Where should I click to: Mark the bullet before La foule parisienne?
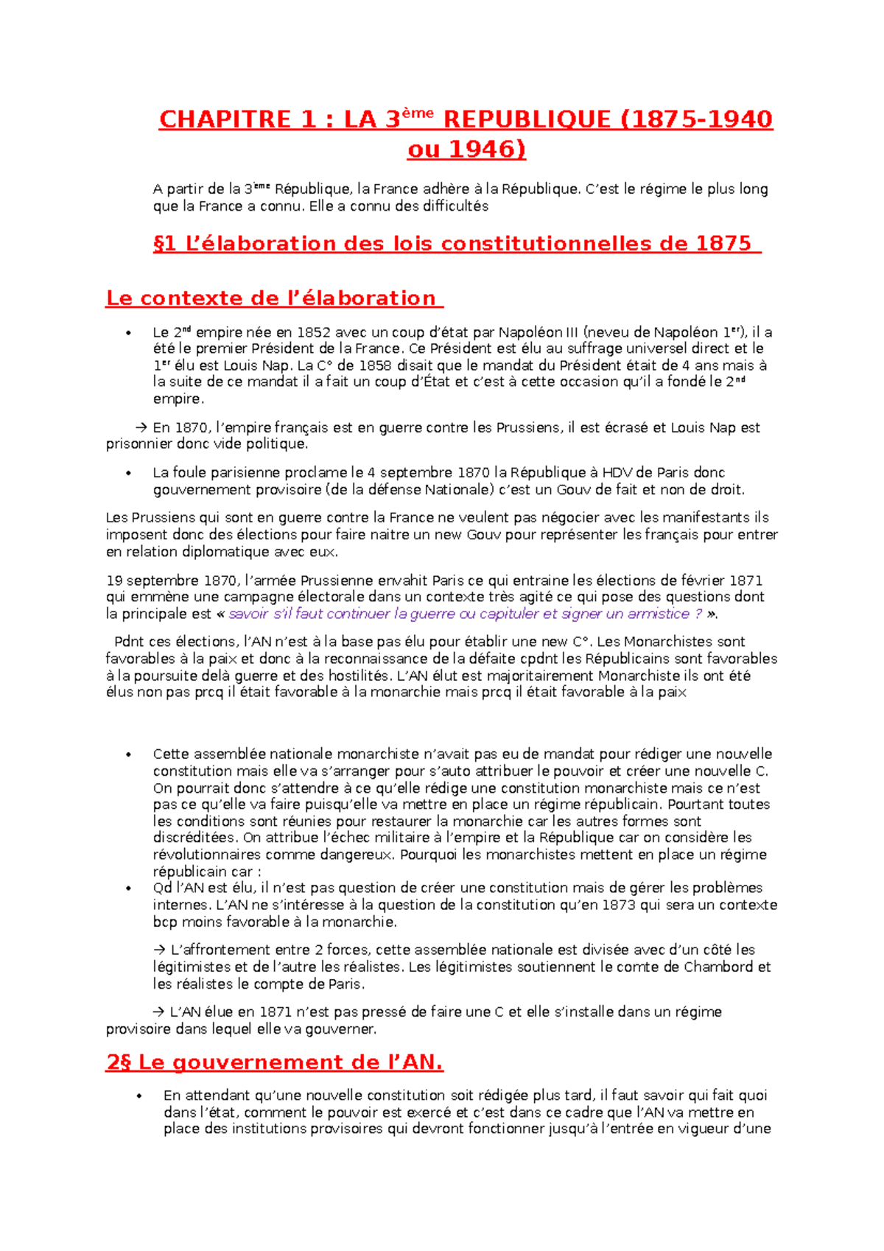point(128,473)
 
